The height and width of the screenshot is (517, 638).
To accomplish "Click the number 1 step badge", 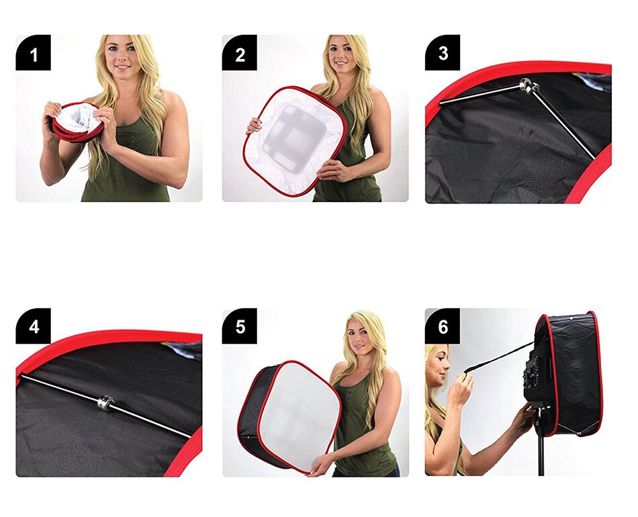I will click(x=33, y=52).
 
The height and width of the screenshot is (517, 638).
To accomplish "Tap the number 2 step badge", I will click(x=240, y=52).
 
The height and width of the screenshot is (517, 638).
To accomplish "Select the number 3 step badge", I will click(x=443, y=52).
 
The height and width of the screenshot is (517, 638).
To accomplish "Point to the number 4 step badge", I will click(x=33, y=326).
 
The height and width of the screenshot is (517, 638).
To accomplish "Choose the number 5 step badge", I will click(x=240, y=326).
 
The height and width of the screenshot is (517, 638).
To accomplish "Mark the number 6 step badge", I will click(x=443, y=326).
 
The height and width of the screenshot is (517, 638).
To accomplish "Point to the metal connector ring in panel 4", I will click(x=105, y=403).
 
